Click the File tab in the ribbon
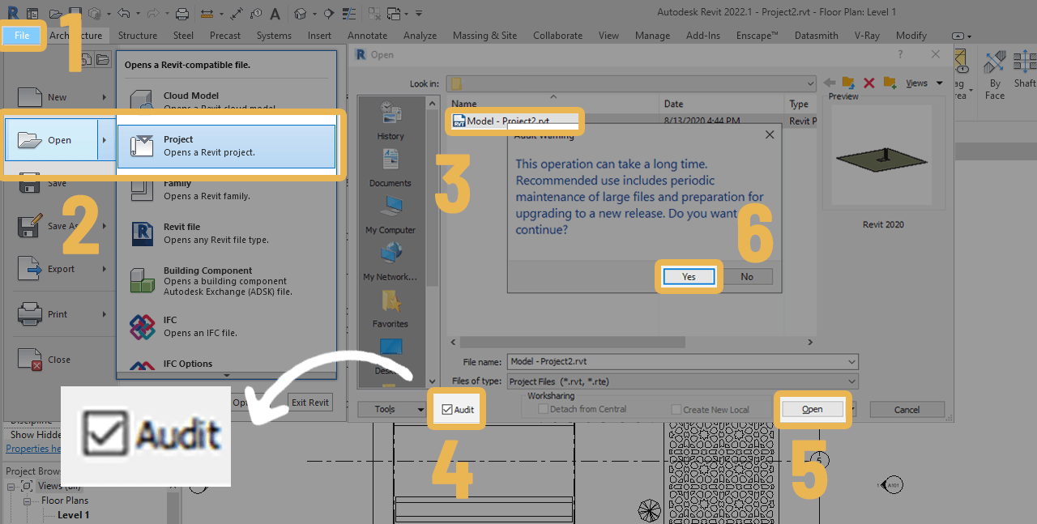pos(22,36)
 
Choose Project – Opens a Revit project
pos(226,146)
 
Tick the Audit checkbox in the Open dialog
pos(447,410)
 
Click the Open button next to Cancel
pos(812,410)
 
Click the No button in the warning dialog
pos(746,277)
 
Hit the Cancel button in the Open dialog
pos(907,410)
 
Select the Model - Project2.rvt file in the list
pos(507,121)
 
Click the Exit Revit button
pos(310,403)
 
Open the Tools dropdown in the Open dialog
pos(392,410)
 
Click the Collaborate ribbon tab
pos(557,36)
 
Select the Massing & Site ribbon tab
pos(484,36)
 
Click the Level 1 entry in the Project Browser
pos(73,515)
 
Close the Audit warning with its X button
pos(770,135)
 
